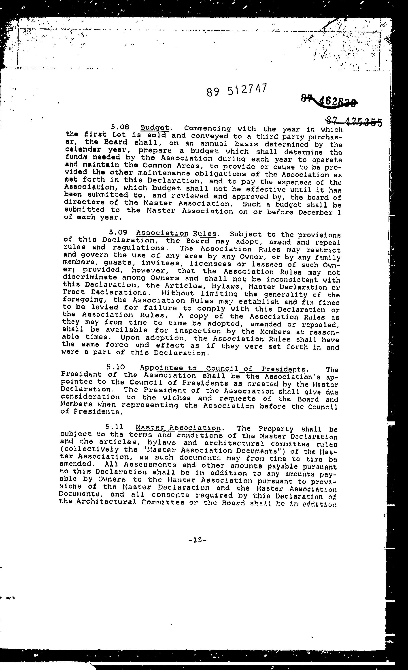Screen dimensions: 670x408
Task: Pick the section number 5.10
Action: [116, 367]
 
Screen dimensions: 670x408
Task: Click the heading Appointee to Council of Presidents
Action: [223, 369]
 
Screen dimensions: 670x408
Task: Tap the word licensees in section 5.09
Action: [210, 264]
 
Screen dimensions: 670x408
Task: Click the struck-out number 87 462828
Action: [329, 101]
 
